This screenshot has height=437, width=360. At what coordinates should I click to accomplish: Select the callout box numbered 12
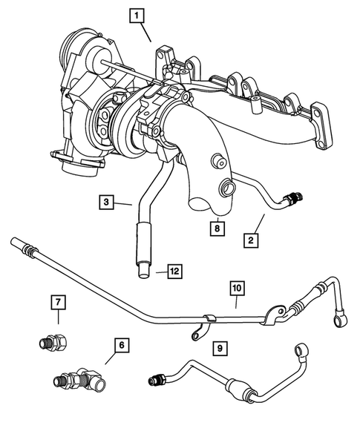pyautogui.click(x=174, y=272)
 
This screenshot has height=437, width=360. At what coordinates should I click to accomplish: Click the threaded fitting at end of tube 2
pyautogui.click(x=295, y=198)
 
